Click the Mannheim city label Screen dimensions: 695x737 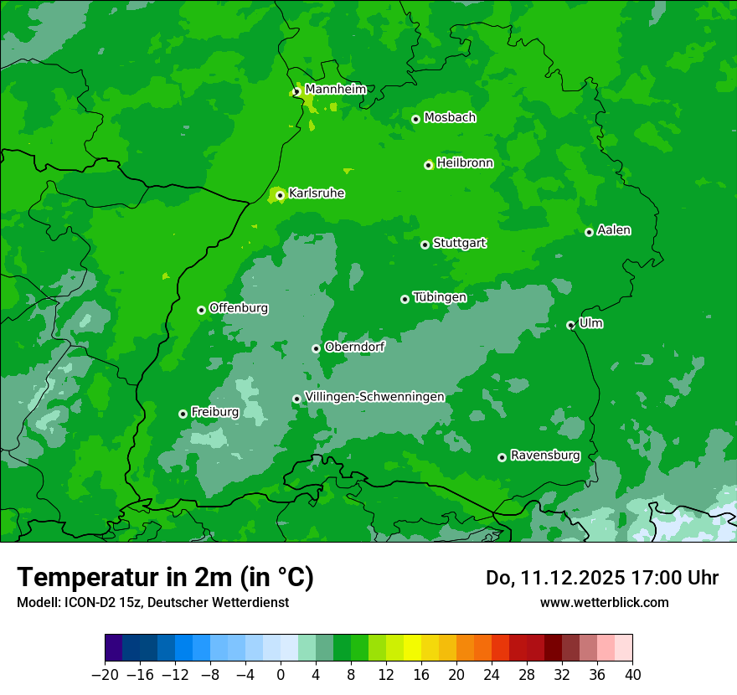click(x=335, y=90)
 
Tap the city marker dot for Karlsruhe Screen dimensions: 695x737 click(x=281, y=196)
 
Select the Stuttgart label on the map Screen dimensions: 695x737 click(x=459, y=243)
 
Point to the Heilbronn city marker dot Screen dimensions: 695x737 click(x=429, y=165)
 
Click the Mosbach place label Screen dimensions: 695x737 click(x=450, y=118)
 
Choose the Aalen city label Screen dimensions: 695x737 click(x=614, y=230)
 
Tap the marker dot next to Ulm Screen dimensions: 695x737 click(x=571, y=325)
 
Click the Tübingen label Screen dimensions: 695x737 click(x=440, y=297)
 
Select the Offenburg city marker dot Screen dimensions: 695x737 click(x=202, y=310)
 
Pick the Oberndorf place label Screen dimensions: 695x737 click(x=354, y=347)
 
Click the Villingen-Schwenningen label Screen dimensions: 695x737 click(x=374, y=397)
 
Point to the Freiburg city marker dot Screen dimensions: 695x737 click(x=183, y=414)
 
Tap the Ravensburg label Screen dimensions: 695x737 click(x=545, y=456)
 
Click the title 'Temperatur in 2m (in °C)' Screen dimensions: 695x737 click(x=165, y=577)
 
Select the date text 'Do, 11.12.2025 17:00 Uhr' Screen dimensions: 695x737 click(x=602, y=578)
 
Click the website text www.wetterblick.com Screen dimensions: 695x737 click(x=604, y=602)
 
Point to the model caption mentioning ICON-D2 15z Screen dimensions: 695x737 click(x=152, y=602)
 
